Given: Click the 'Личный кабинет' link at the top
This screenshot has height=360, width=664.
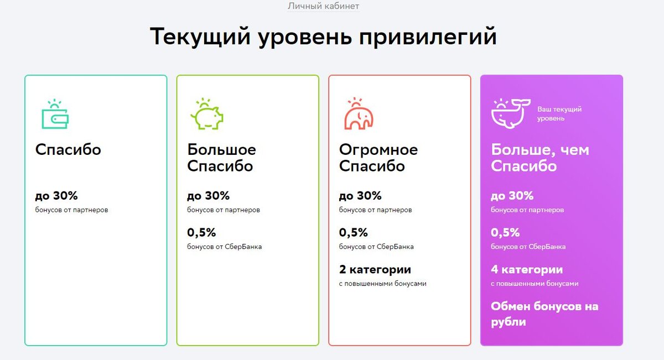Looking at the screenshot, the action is (323, 6).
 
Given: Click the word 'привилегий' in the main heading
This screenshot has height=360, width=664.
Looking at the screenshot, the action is (428, 37).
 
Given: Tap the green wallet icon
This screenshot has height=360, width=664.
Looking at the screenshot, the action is (55, 114).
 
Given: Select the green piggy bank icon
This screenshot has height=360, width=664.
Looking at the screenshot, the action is (206, 114).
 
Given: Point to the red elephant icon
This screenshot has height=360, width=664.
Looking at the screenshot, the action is (359, 113).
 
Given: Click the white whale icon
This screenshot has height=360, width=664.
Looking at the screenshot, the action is (511, 114).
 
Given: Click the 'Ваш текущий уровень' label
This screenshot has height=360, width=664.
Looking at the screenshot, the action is (559, 114).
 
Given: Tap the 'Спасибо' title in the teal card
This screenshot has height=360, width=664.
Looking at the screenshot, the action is (68, 149).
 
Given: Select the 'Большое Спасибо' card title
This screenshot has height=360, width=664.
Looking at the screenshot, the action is (221, 158).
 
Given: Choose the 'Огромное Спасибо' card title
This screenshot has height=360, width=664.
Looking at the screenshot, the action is (378, 158).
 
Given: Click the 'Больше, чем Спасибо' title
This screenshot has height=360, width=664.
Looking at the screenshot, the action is (540, 158).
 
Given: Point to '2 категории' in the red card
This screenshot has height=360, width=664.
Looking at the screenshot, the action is (375, 269).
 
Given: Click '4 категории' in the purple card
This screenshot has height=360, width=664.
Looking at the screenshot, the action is (527, 269).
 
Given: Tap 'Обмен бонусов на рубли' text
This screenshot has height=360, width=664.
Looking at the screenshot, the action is (544, 314).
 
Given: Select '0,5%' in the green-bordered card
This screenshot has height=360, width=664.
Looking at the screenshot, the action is (201, 233).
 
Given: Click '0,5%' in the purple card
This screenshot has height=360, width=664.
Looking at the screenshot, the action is (505, 233).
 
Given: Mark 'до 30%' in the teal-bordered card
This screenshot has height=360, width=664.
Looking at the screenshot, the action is (56, 196).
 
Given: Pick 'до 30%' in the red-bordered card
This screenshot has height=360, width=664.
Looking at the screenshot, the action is (360, 196).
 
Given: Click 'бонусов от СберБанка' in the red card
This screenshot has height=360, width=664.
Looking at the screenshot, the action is (376, 247).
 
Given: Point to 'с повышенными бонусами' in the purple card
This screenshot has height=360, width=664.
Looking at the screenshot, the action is (535, 284).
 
